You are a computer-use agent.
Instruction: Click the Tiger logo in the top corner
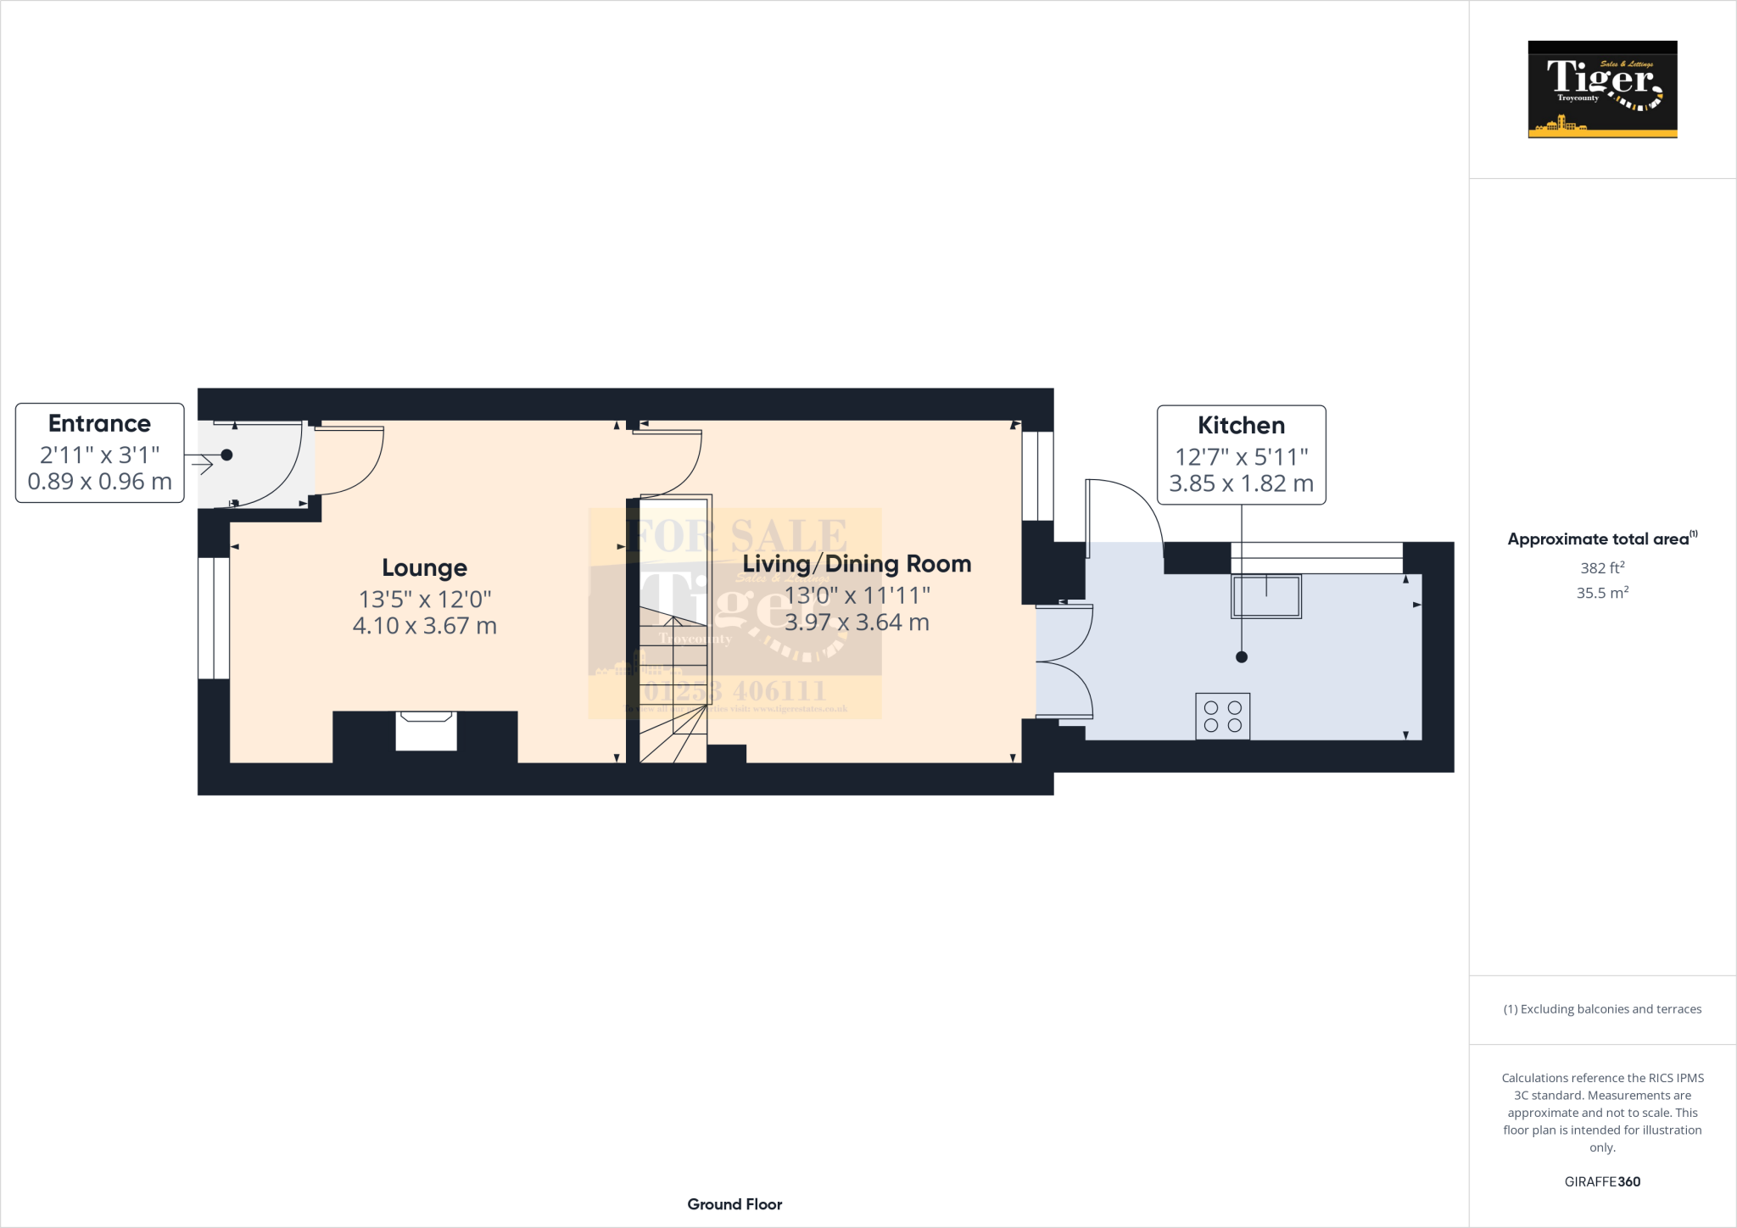pos(1602,89)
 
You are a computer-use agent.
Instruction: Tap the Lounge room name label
pos(424,567)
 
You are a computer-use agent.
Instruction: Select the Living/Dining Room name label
pos(857,564)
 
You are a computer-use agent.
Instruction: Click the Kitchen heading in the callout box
pos(1241,425)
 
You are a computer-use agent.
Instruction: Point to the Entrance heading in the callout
pos(99,423)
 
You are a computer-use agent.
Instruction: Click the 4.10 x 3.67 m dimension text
pos(424,626)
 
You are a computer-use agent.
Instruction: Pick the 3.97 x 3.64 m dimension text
pos(857,622)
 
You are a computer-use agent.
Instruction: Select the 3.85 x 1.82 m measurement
pos(1241,483)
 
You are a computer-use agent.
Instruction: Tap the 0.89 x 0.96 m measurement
pos(99,482)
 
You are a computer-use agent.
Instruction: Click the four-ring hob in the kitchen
pos(1222,717)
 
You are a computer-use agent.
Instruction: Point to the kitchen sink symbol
pos(1266,596)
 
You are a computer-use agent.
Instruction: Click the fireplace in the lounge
pos(426,730)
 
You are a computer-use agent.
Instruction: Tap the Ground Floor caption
pos(734,1204)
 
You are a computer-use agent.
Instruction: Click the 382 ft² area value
pos(1602,568)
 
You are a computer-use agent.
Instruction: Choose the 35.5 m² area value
pos(1602,593)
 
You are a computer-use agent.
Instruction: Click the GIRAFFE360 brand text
pos(1602,1181)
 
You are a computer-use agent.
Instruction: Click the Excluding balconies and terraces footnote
pos(1602,1009)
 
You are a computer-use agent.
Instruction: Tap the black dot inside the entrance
pos(226,455)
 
